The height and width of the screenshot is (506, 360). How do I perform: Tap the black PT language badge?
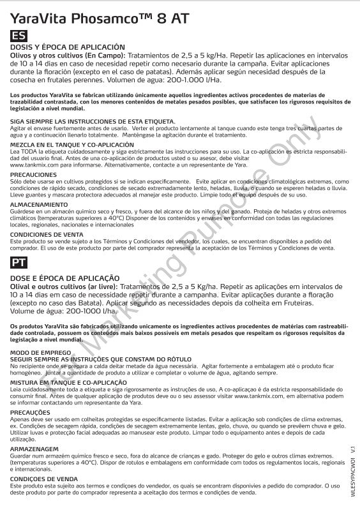click(19, 262)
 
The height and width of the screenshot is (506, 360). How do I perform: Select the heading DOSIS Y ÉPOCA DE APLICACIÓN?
click(68, 48)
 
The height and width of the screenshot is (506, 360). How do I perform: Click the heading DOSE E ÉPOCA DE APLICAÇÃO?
click(66, 278)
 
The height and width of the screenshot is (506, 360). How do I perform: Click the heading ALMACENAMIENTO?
click(38, 204)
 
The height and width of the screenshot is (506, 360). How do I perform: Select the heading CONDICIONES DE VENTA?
click(46, 234)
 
